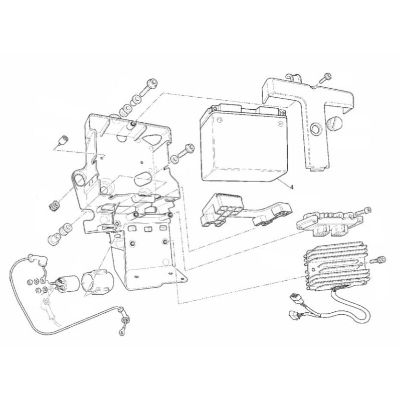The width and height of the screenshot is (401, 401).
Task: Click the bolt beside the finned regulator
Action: [x=378, y=260]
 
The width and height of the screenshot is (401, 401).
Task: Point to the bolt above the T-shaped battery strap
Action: [x=325, y=78]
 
